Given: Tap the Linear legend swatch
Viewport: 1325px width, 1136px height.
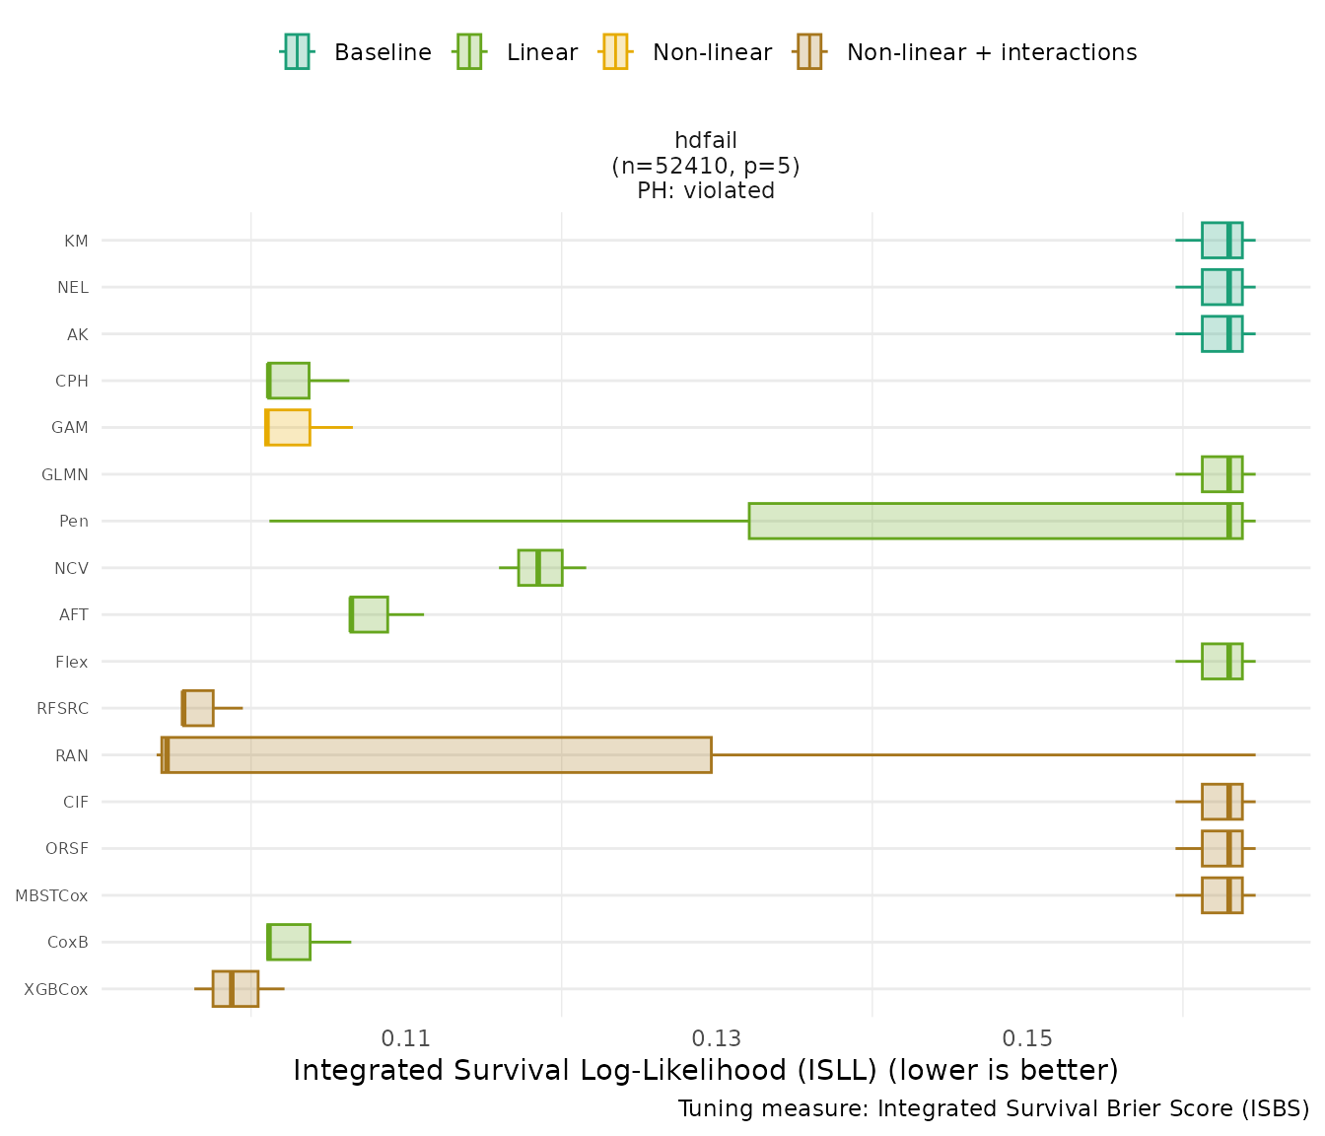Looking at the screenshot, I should point(469,51).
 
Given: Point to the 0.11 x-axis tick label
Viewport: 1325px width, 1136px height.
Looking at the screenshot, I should point(406,1038).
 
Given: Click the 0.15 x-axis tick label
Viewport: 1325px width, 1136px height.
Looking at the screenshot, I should point(1027,1038).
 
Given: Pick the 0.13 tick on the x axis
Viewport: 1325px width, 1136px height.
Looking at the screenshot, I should point(717,1038).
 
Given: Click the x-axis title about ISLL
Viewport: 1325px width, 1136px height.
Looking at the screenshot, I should point(705,1070).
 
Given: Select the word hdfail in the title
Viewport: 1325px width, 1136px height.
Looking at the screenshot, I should point(706,140).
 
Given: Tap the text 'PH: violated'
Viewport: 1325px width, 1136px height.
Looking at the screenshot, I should point(706,190).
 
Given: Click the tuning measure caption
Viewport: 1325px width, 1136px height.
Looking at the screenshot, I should point(993,1108).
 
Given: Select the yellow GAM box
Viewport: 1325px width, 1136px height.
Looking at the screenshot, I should point(288,427).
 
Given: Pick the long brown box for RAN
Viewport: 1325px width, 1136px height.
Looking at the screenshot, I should point(436,754).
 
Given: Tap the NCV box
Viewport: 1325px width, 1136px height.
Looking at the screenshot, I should point(540,567).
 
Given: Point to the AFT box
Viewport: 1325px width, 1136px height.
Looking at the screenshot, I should point(370,614).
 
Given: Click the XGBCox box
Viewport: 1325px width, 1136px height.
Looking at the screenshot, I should point(236,988).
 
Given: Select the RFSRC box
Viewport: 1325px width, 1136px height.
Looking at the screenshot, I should point(198,708).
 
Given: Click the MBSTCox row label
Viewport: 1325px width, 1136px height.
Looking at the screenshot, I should point(51,895).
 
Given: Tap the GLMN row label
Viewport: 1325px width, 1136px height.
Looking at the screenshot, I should point(65,474).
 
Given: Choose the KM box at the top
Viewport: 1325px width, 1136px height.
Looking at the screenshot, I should point(1221,240).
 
